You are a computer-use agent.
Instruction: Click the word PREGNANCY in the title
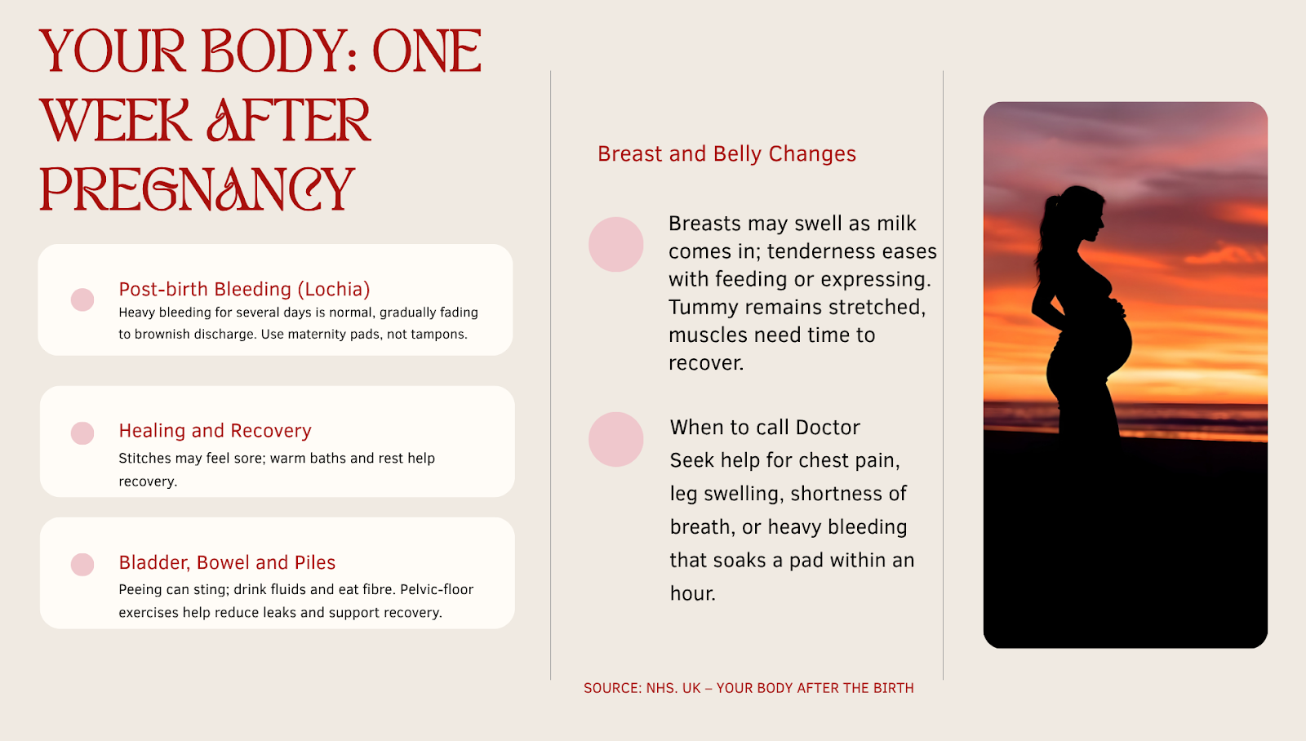(x=197, y=189)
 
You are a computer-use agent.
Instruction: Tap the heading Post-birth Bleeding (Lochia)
(x=244, y=289)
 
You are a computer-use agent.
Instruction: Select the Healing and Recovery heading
(x=215, y=430)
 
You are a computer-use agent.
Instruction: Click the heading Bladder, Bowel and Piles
(x=227, y=562)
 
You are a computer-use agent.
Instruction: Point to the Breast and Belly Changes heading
(x=726, y=154)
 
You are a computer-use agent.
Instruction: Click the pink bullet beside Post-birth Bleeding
(x=82, y=300)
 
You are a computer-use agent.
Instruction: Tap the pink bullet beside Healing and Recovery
(x=82, y=433)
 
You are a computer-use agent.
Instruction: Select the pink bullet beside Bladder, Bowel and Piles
(x=82, y=565)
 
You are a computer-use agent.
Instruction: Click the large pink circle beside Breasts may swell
(x=615, y=244)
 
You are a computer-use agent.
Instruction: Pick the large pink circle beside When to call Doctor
(x=615, y=440)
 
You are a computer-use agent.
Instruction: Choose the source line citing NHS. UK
(x=749, y=688)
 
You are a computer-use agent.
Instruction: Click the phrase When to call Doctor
(x=765, y=428)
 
